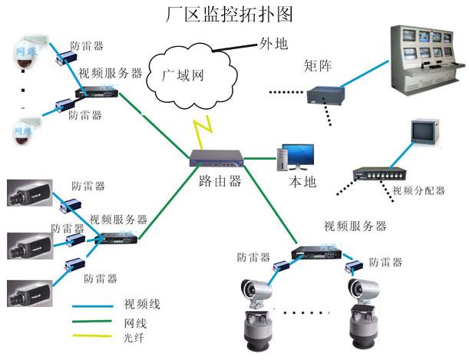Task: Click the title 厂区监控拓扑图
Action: point(230,15)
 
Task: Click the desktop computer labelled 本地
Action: point(296,157)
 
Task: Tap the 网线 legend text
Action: point(136,322)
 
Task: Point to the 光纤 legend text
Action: point(134,338)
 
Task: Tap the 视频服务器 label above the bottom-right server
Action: point(355,226)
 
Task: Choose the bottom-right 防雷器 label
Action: point(385,263)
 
